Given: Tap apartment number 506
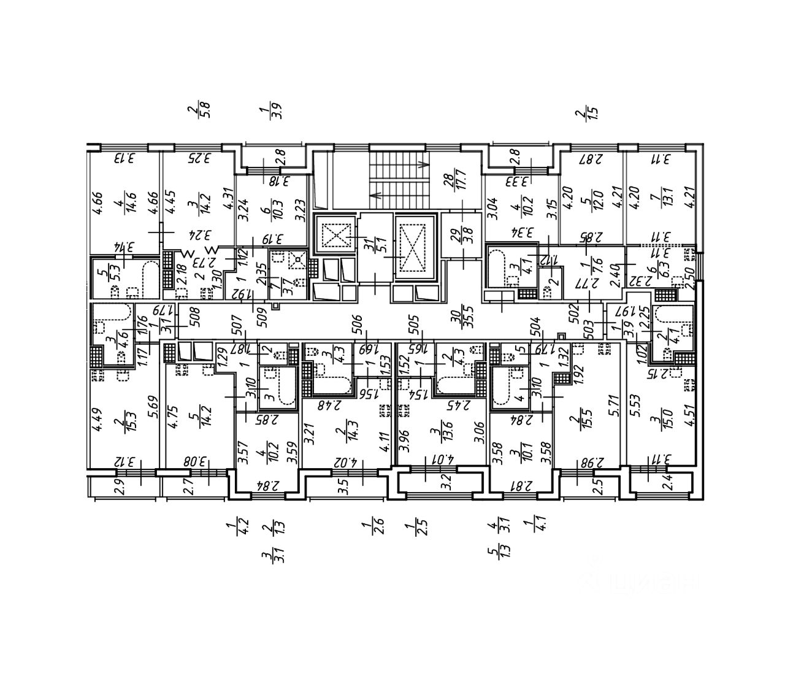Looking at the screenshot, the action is pos(358,323).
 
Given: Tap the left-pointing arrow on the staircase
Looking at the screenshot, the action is pos(375,196).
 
